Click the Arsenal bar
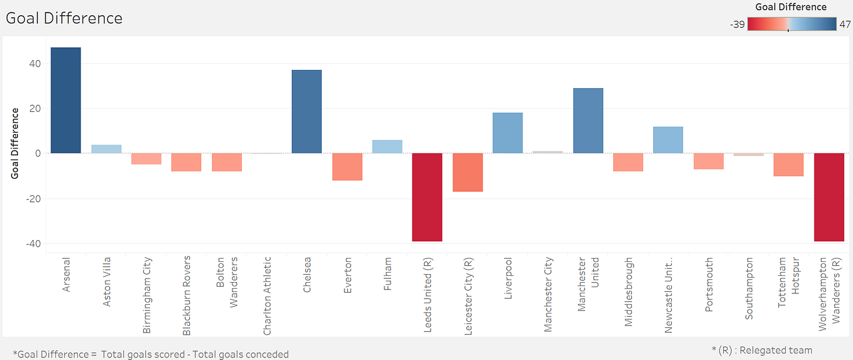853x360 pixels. click(65, 100)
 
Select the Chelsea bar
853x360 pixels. click(307, 111)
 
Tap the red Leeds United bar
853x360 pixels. click(427, 197)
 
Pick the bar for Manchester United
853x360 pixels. click(588, 121)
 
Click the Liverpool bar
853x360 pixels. click(507, 133)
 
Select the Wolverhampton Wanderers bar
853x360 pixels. click(829, 197)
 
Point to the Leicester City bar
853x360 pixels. click(467, 173)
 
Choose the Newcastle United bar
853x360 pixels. click(668, 140)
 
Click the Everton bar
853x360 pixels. click(347, 167)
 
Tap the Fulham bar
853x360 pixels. click(387, 147)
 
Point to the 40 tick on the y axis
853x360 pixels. click(34, 64)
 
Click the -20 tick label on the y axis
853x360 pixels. click(32, 199)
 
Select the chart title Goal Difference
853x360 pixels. click(64, 18)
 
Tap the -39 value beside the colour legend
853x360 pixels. click(737, 25)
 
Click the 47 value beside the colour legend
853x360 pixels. click(844, 25)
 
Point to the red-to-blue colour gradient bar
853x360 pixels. click(792, 25)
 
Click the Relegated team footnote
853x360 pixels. click(762, 350)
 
